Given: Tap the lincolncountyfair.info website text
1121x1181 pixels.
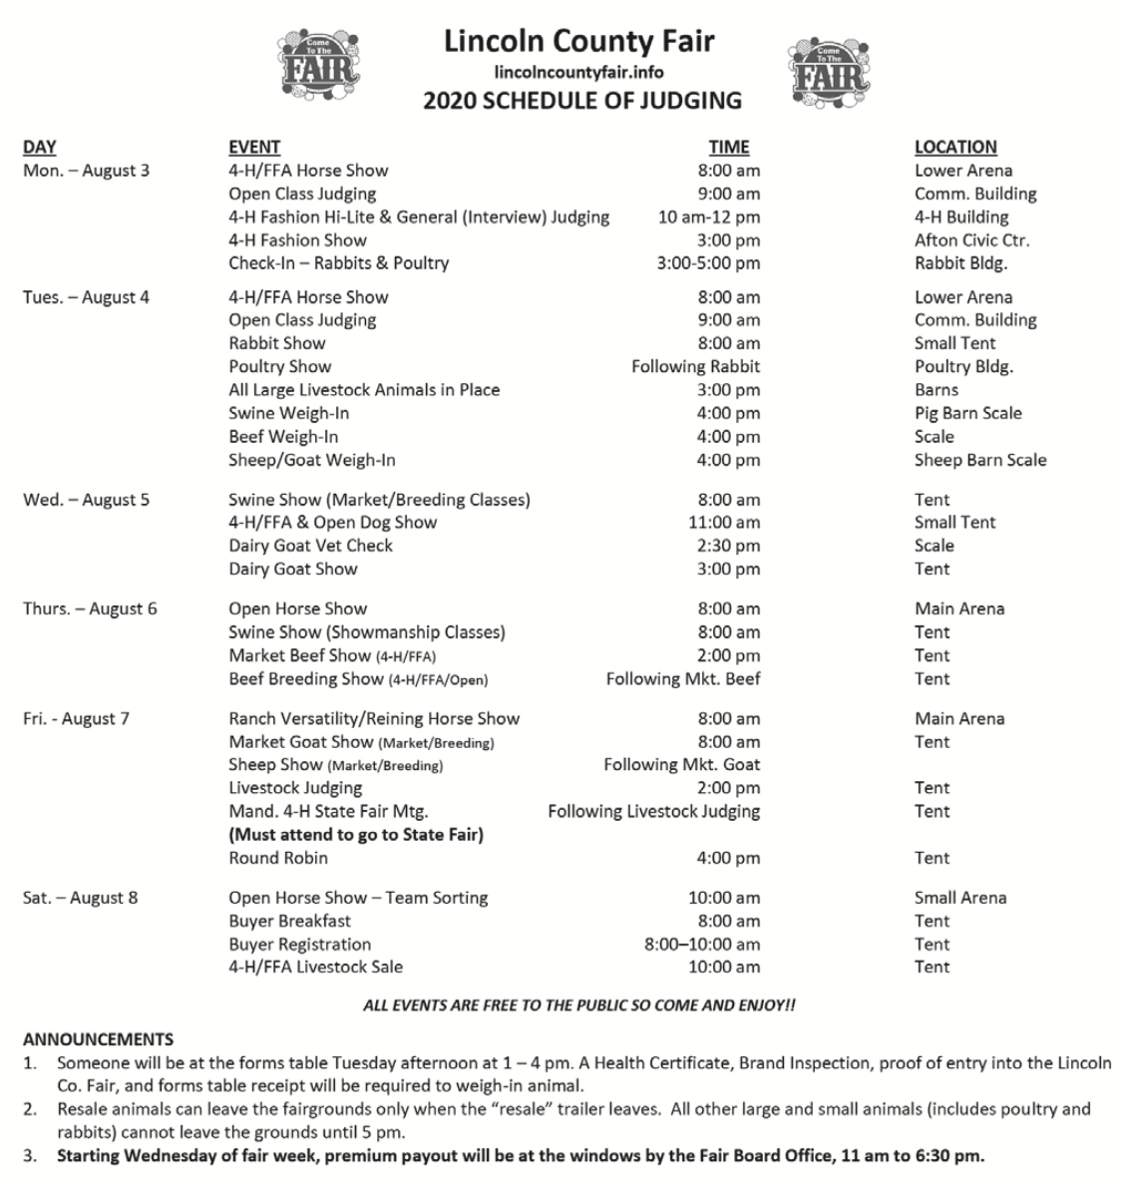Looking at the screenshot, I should (x=578, y=72).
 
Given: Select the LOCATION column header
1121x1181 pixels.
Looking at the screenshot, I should (x=954, y=147).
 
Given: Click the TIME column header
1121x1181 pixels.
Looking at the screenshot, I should (x=728, y=147).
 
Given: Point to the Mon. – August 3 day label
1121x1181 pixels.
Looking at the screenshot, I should (x=86, y=171).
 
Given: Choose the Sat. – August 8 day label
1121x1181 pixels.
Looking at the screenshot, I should (x=81, y=898).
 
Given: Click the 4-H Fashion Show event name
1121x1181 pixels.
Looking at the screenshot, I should (x=297, y=240).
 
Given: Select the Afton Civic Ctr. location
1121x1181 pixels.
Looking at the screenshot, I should (x=971, y=240).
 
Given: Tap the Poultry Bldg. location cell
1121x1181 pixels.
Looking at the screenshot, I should (x=963, y=367).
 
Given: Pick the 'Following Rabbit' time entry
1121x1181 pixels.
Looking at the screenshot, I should (x=695, y=367).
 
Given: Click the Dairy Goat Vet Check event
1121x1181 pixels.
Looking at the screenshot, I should (x=310, y=546).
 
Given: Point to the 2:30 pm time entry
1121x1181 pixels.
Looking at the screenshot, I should (x=728, y=546).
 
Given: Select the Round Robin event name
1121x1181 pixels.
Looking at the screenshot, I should (x=277, y=858).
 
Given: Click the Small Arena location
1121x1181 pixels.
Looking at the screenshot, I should (x=959, y=898).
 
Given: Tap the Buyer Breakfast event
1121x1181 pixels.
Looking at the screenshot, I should (x=289, y=921).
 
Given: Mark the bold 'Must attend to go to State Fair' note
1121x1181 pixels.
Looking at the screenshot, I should (x=355, y=835).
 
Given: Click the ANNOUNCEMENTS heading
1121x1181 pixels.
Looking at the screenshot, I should (x=98, y=1039).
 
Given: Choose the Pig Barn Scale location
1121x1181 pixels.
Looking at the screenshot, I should (x=967, y=413).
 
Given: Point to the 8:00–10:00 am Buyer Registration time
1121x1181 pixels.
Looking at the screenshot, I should (x=701, y=945).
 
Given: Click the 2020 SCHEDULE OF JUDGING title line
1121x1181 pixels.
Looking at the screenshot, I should (x=581, y=100).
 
